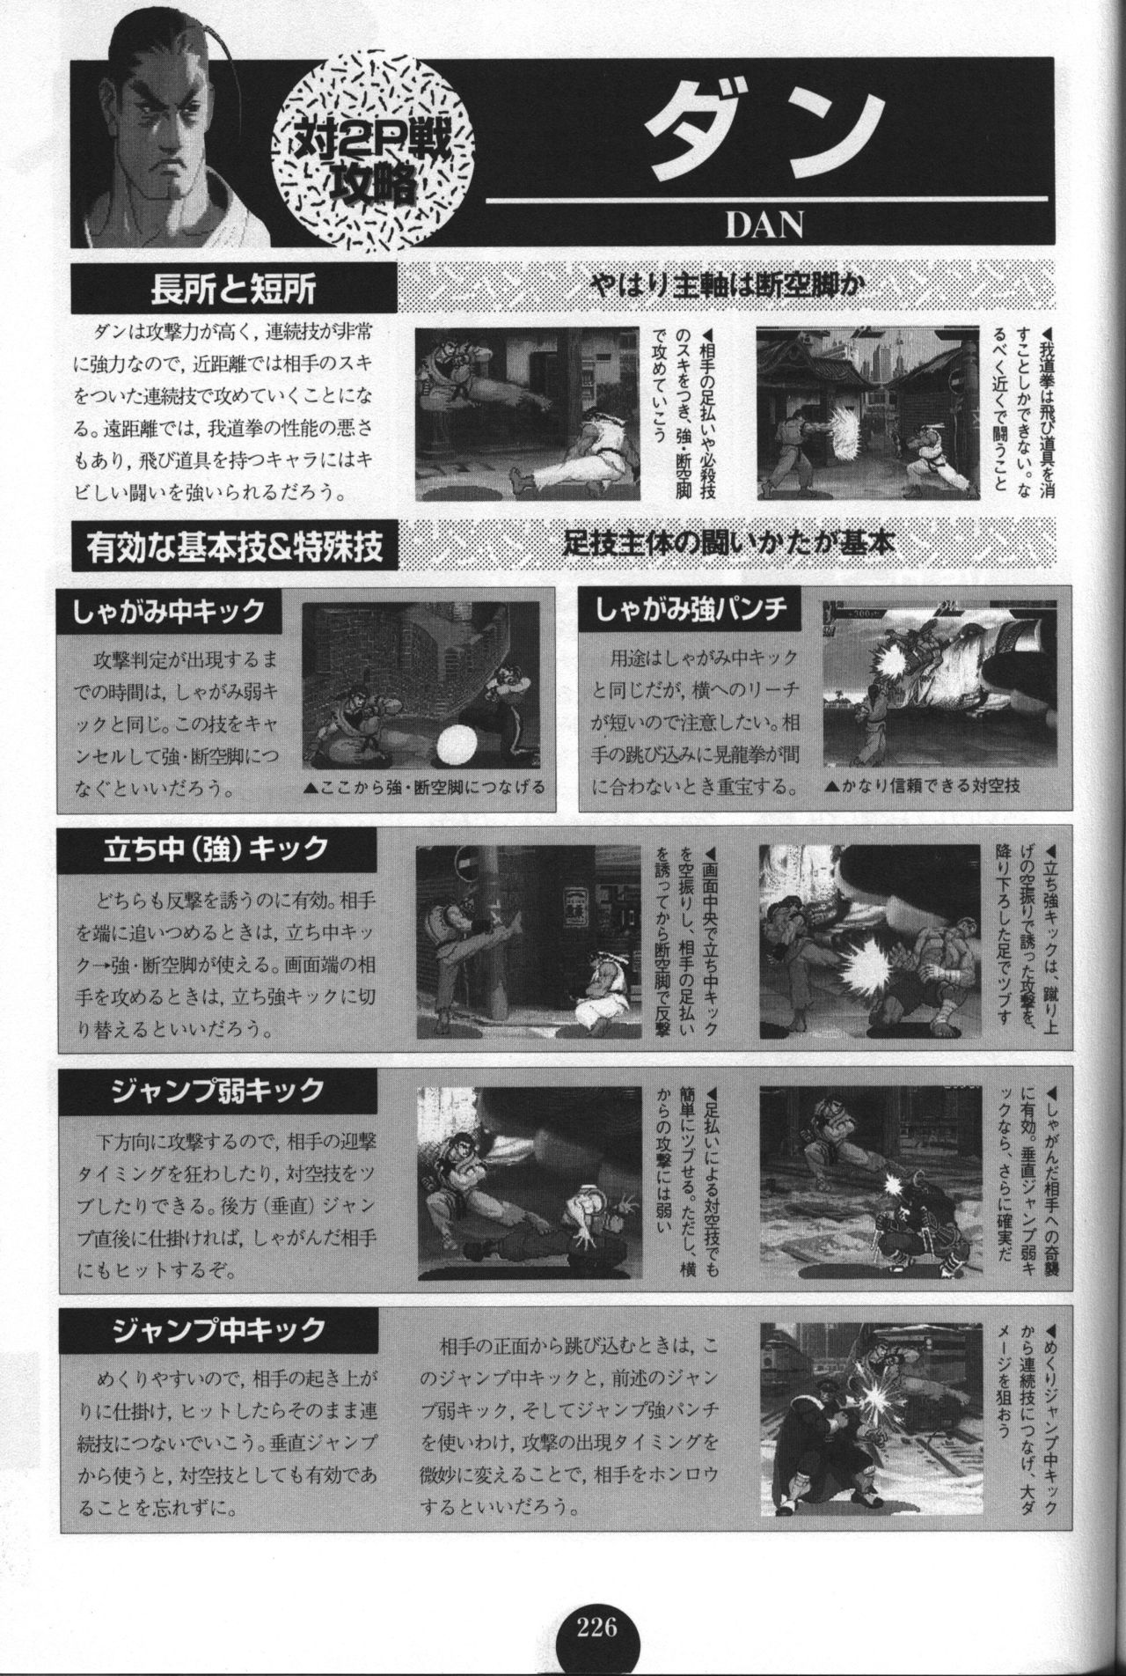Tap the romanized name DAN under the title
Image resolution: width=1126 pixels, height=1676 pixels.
click(764, 224)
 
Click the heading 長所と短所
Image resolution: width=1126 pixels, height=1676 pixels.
click(233, 288)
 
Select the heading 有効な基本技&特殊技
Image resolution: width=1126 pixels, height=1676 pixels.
click(234, 548)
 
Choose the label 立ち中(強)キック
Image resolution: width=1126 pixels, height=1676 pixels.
click(216, 849)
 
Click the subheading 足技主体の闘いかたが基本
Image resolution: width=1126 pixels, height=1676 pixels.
click(729, 546)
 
